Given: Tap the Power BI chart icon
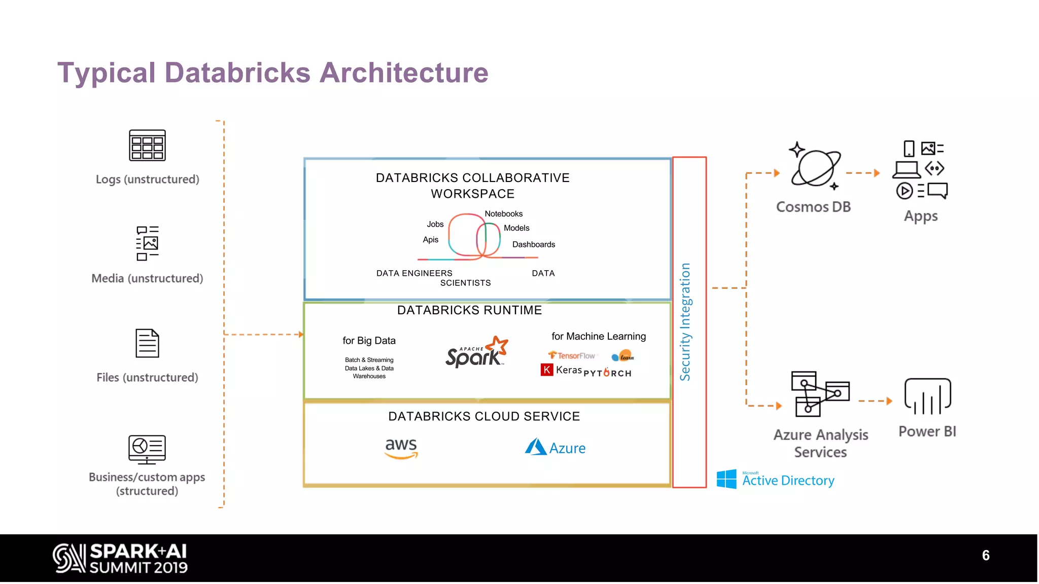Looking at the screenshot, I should coord(927,396).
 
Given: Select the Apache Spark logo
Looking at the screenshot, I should coord(476,352).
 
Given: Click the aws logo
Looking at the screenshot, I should coord(401,448).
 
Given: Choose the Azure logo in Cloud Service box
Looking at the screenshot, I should coord(555,448).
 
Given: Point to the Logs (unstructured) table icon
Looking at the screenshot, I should coord(147,145).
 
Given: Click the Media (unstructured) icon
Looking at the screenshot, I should coord(147,243).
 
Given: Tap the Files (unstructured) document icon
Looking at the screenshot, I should coord(147,343).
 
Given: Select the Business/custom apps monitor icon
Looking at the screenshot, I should coord(147,449).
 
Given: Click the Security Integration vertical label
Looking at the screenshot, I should coord(685,322).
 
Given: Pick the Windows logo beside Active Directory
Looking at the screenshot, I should coord(726,479).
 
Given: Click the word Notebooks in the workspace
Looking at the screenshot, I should coord(503,214).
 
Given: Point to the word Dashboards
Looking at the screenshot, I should coord(533,244).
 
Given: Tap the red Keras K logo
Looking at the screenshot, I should coord(547,370).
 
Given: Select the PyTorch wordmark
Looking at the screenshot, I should coord(607,373).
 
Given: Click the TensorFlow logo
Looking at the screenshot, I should coord(572,355).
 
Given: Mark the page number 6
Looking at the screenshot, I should coord(985,556).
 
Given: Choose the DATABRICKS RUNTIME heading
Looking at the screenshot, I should coord(469,310).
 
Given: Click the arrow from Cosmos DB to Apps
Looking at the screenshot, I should coord(862,173).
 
